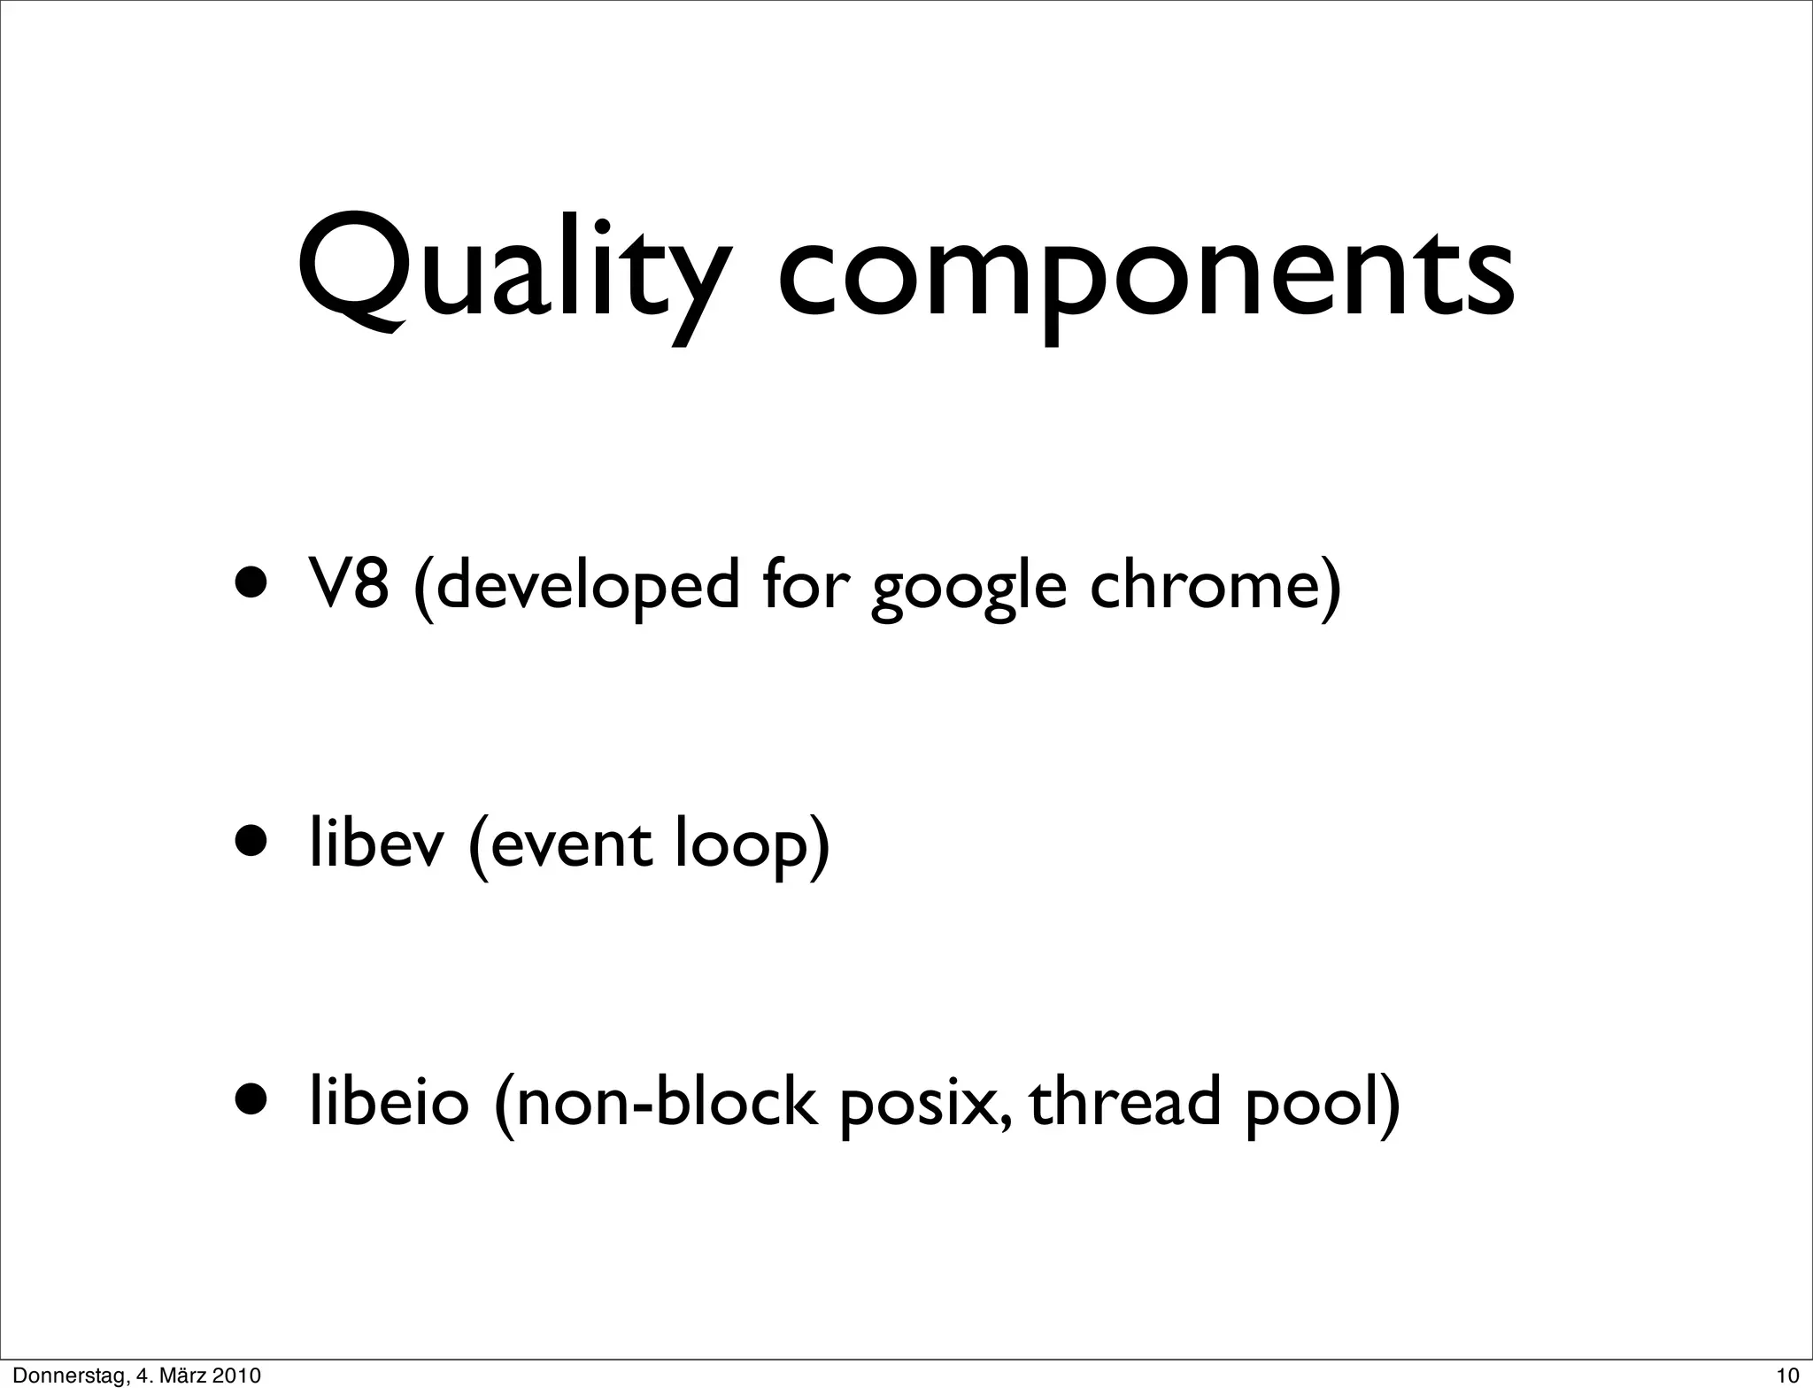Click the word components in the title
tap(1145, 269)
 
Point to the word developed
tap(586, 586)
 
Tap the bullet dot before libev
tap(253, 842)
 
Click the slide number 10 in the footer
tap(1787, 1376)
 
